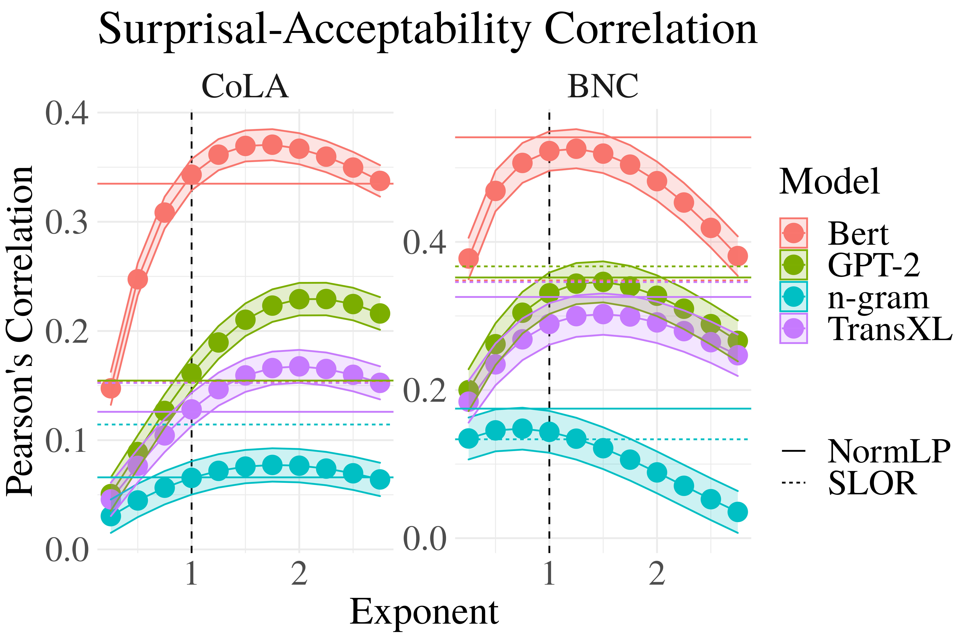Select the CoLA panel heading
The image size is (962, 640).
point(245,87)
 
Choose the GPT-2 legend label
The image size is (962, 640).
point(873,265)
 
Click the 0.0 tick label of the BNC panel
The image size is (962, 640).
point(424,539)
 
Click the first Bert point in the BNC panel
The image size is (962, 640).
point(468,258)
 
